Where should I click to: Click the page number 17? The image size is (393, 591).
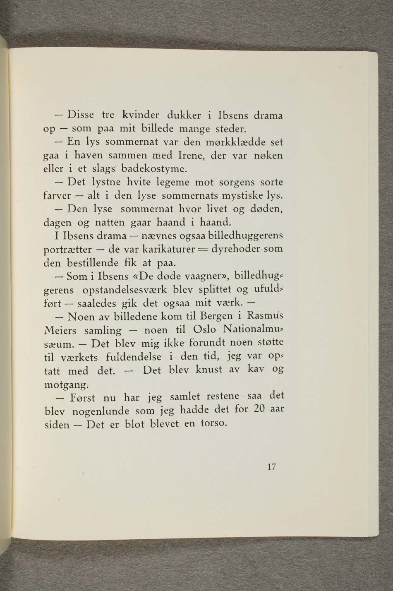[271, 467]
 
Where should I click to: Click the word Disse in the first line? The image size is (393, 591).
[81, 114]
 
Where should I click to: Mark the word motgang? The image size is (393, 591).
[66, 384]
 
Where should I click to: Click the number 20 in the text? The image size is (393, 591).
[259, 409]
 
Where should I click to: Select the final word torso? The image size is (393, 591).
[213, 423]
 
